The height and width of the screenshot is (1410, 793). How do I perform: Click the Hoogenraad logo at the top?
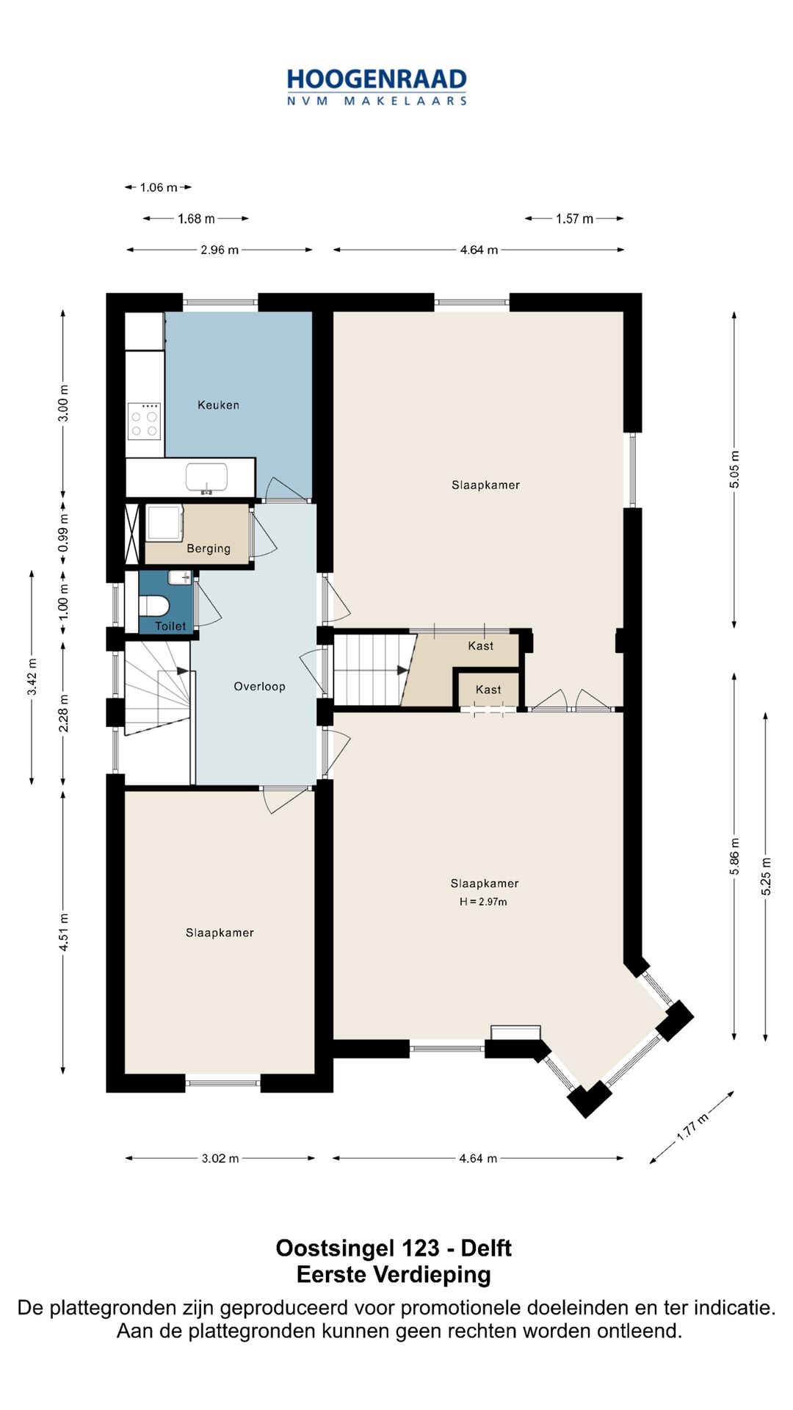tap(377, 87)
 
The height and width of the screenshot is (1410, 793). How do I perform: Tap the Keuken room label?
tap(218, 405)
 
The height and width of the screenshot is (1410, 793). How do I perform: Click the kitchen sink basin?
tap(206, 478)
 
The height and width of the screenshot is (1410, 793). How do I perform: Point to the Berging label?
tap(209, 549)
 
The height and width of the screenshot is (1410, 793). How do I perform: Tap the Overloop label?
tap(259, 687)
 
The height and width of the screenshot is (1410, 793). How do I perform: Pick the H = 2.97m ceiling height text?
tap(483, 902)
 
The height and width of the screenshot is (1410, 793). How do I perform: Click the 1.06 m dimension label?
tap(159, 187)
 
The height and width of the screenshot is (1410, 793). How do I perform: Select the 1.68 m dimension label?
tap(196, 219)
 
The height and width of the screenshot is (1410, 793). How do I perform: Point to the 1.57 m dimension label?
tap(574, 219)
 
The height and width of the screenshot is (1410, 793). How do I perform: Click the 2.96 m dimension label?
tap(220, 250)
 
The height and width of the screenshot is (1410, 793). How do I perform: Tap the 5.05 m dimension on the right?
tap(734, 469)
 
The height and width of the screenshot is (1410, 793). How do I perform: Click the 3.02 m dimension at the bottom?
tap(220, 1158)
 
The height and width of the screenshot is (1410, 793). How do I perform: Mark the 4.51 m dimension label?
tap(63, 932)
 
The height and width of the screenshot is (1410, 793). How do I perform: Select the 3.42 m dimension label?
tap(32, 677)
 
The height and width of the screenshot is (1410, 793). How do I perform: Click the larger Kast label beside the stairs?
tap(481, 646)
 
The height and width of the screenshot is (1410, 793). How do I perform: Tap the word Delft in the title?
tap(486, 1248)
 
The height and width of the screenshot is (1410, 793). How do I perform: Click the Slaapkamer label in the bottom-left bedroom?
tap(220, 933)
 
